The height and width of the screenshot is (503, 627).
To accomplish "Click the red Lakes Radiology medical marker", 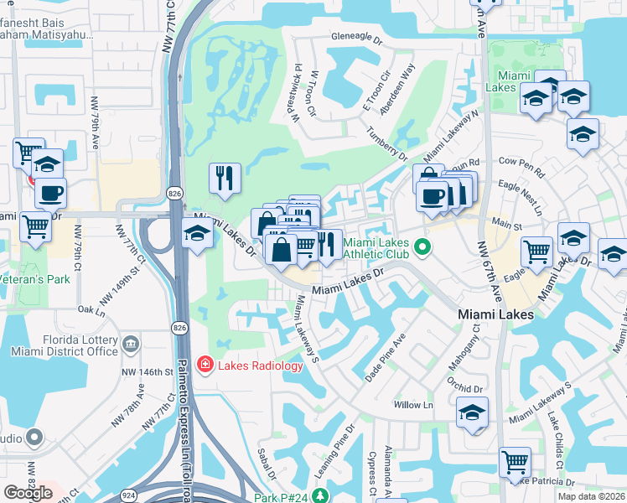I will pyautogui.click(x=204, y=365).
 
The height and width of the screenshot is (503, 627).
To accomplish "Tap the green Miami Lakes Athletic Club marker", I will pyautogui.click(x=423, y=247).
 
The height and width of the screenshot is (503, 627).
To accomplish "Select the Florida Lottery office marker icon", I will pyautogui.click(x=131, y=343).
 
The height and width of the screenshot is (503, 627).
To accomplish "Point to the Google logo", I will pyautogui.click(x=28, y=493).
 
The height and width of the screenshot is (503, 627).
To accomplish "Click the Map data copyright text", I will pyautogui.click(x=591, y=496).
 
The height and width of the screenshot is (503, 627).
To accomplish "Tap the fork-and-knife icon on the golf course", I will pyautogui.click(x=225, y=178).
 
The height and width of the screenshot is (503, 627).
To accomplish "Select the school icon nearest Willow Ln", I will pyautogui.click(x=472, y=412).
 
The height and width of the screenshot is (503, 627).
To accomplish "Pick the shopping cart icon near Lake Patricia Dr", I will pyautogui.click(x=515, y=461).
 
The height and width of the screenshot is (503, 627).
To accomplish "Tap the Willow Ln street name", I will pyautogui.click(x=412, y=405).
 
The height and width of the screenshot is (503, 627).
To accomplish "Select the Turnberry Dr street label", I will pyautogui.click(x=387, y=143).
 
